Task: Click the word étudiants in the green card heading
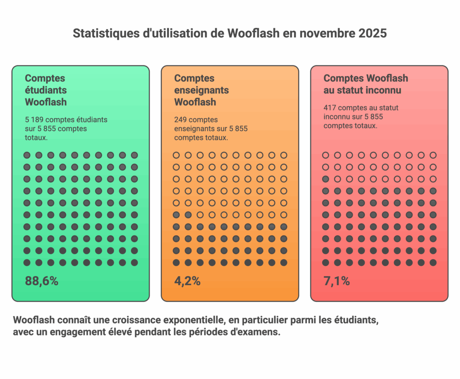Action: point(46,90)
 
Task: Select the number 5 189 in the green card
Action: point(34,120)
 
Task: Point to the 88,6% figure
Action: point(42,282)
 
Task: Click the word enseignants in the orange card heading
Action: point(202,90)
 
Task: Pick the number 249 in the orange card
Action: point(181,120)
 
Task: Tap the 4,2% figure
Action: point(187,282)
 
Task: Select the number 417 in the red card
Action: point(330,108)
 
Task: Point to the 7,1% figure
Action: point(336,282)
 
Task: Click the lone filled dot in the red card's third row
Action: point(326,179)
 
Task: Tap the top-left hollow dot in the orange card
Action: point(176,155)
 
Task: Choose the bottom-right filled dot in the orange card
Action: point(283,263)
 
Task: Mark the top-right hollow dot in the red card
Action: point(433,155)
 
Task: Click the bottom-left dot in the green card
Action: point(27,263)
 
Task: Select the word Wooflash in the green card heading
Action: point(46,102)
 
